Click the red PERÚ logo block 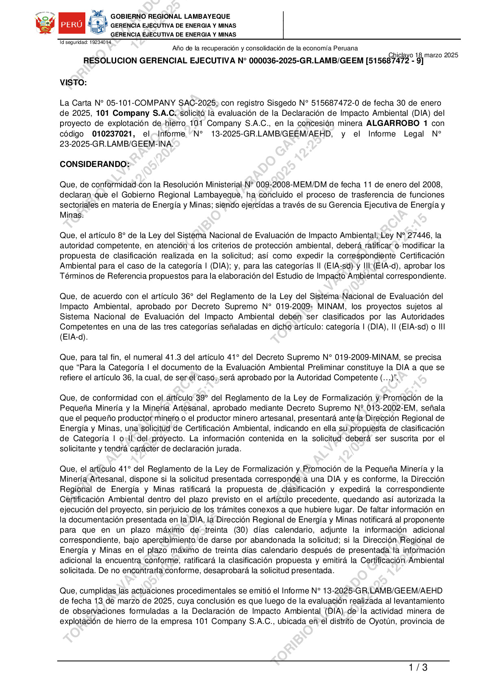(x=72, y=24)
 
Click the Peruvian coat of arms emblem (x=45, y=24)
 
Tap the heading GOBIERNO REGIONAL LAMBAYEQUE (x=170, y=17)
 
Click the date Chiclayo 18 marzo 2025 (x=423, y=55)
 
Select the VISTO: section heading (x=73, y=83)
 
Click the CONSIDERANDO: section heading (x=95, y=164)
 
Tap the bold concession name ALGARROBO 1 (x=397, y=123)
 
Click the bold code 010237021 (x=113, y=134)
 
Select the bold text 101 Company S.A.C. (x=136, y=113)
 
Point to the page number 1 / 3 (x=418, y=667)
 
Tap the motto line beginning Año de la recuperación (x=265, y=48)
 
